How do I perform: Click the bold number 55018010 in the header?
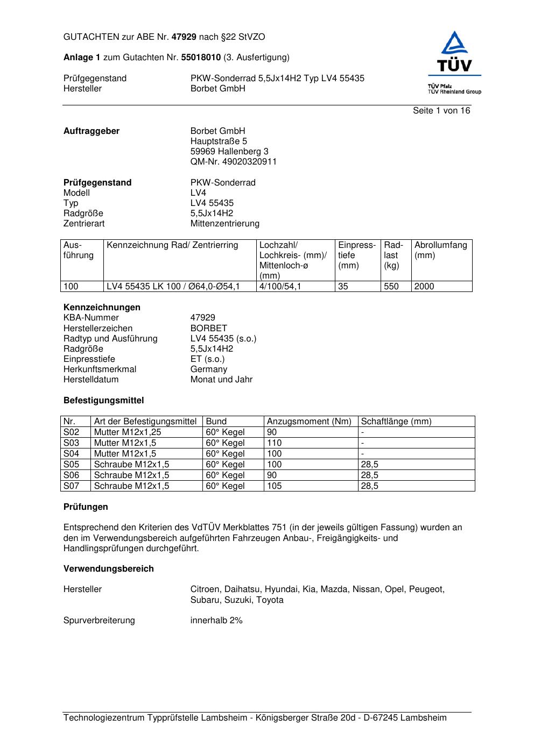coord(201,57)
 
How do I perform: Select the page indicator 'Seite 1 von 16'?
coord(441,110)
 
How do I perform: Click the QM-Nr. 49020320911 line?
coord(234,161)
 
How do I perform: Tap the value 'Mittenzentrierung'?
coord(224,223)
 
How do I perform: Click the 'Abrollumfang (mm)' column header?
coord(440,250)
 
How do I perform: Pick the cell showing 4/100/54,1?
coord(280,286)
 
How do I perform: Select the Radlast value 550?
coord(391,286)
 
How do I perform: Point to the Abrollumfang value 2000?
coord(424,286)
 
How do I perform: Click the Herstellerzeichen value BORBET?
coord(208,328)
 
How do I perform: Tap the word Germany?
coord(208,369)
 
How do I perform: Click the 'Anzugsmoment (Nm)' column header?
coord(309,421)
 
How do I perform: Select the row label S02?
coord(71,432)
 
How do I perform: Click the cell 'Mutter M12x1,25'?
coord(127,432)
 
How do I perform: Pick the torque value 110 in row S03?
coord(274,443)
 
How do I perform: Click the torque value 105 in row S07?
coord(274,486)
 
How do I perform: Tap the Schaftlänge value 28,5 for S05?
coord(369,464)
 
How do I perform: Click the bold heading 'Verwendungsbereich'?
coord(108,568)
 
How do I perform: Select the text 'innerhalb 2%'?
coord(216,620)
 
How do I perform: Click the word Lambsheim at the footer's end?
coord(423,717)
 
